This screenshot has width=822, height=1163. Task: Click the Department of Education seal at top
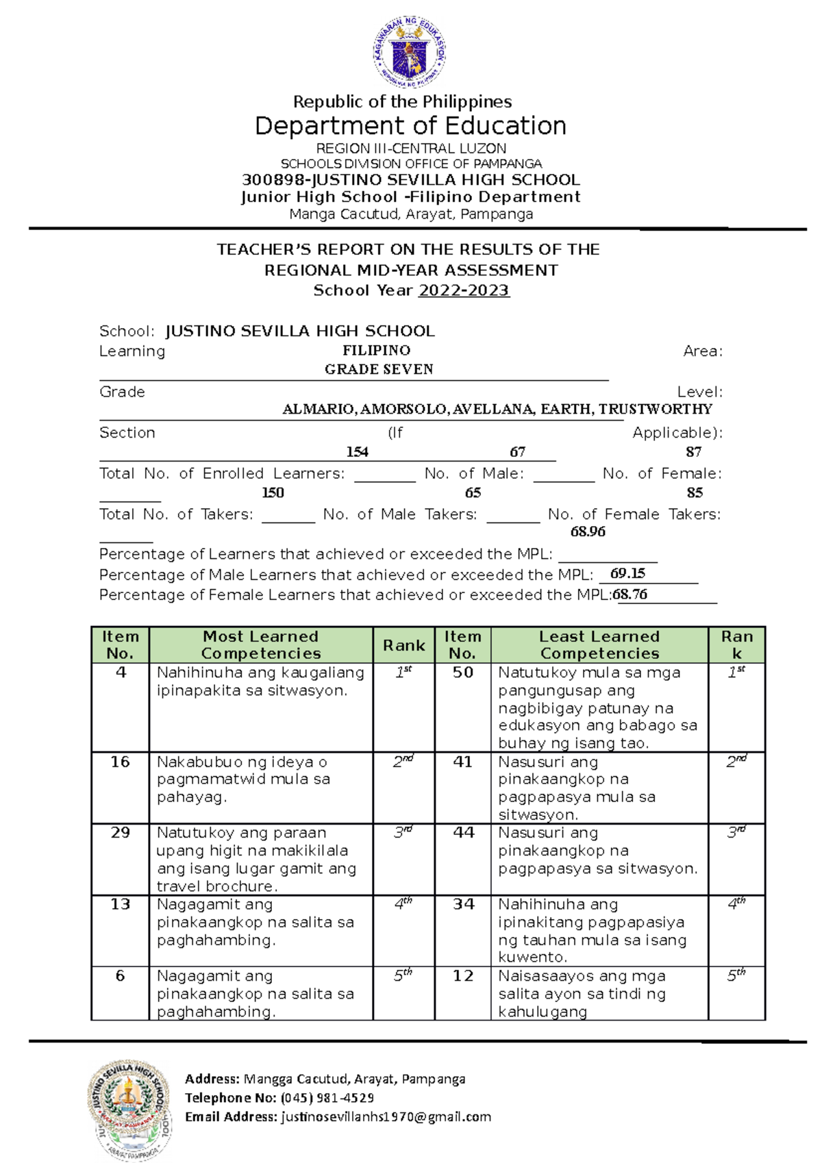pyautogui.click(x=409, y=53)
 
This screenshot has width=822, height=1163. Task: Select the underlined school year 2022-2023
pyautogui.click(x=464, y=290)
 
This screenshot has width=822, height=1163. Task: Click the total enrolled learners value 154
pyautogui.click(x=357, y=452)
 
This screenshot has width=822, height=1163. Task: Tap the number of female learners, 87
pyautogui.click(x=693, y=452)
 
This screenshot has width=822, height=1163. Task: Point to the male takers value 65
pyautogui.click(x=473, y=493)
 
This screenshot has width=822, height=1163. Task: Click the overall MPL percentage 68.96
pyautogui.click(x=588, y=532)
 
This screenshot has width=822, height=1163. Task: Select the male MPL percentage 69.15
pyautogui.click(x=627, y=573)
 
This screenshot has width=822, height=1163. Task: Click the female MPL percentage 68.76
pyautogui.click(x=630, y=595)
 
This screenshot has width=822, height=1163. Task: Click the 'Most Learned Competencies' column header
pyautogui.click(x=261, y=645)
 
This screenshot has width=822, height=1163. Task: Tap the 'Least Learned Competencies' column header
pyautogui.click(x=599, y=645)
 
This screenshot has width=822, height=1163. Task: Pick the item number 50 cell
pyautogui.click(x=463, y=673)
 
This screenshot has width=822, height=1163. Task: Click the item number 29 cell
pyautogui.click(x=121, y=833)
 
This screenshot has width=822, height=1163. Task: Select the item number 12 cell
pyautogui.click(x=463, y=976)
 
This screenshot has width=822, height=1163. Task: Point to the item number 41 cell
pyautogui.click(x=463, y=762)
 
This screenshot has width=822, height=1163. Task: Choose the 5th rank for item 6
pyautogui.click(x=403, y=976)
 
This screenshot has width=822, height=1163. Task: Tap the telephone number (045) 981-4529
pyautogui.click(x=327, y=1098)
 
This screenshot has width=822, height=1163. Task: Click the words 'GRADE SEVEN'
pyautogui.click(x=379, y=370)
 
